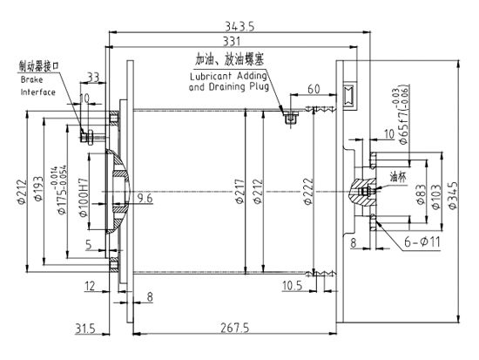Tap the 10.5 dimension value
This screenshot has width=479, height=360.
click(293, 284)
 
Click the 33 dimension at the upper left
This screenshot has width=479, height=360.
click(92, 77)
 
